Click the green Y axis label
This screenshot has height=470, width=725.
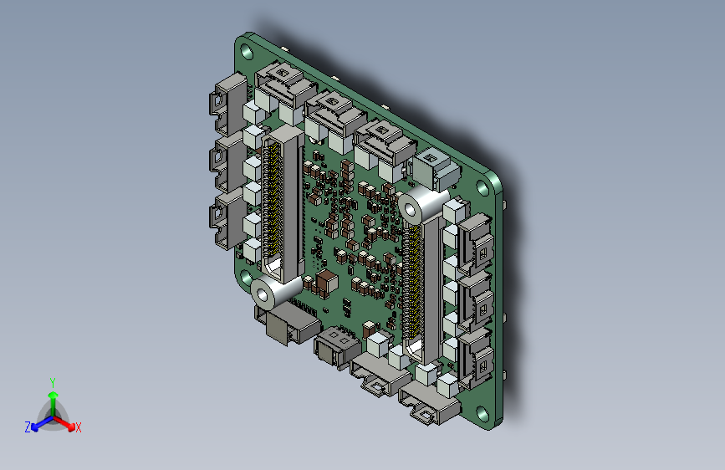53,383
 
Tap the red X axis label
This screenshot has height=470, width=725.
78,427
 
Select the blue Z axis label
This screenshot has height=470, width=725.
28,427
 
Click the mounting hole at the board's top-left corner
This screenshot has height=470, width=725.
247,51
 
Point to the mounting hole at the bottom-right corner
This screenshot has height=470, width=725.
482,413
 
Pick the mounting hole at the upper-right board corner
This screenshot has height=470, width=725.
482,189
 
